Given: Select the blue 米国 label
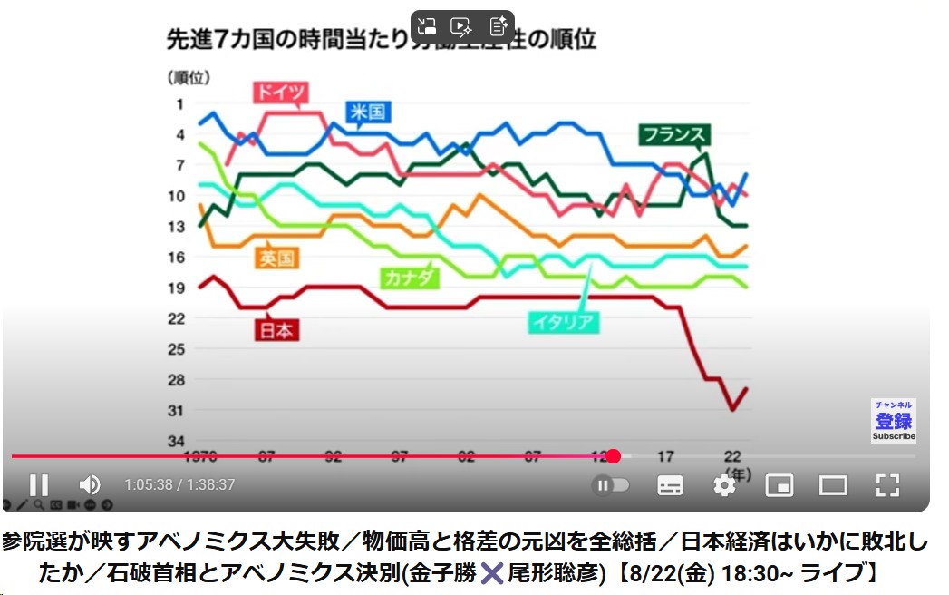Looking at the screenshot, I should coord(368,112).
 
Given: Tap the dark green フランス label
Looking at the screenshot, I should coord(673,135).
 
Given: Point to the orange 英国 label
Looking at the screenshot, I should coord(277,258).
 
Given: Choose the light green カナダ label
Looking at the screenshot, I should coord(409,278).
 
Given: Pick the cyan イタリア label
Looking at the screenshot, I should coord(563,322).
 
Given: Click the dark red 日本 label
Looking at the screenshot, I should coord(277,330).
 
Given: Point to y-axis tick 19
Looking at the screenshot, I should coord(177,288).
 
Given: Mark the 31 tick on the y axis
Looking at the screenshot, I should coord(177,410).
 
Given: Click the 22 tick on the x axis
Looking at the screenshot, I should coord(732,455).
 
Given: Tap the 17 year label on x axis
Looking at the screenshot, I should coord(665,455).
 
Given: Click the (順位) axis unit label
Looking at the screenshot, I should coord(186,77).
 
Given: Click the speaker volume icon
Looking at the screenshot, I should coord(90,485).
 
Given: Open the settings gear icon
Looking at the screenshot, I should coord(723,485).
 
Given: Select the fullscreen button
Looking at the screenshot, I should coord(887,485).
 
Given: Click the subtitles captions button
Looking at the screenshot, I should coord(670,485).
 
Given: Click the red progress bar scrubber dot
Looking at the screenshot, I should coord(613,456).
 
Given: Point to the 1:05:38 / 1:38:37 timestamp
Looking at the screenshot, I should coord(179,485).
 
